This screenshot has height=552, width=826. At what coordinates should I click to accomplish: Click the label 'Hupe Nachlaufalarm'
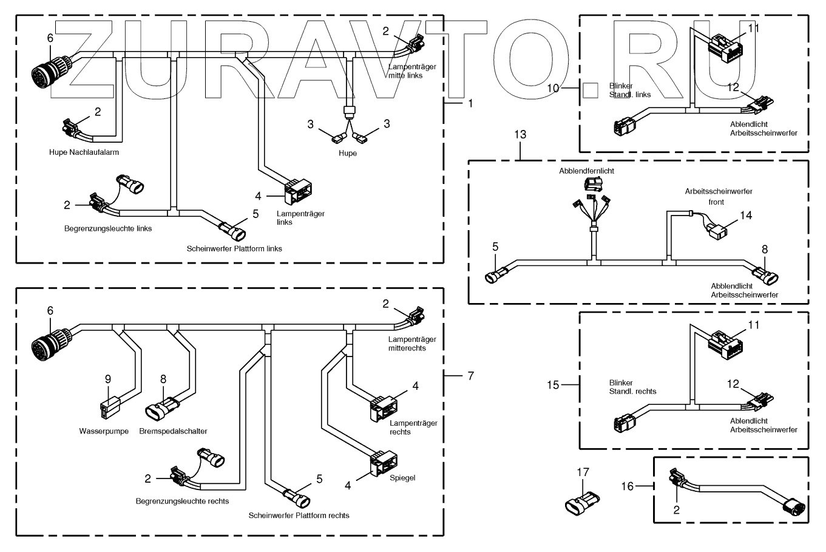click(84, 152)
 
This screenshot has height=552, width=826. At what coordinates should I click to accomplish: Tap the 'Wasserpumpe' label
click(104, 431)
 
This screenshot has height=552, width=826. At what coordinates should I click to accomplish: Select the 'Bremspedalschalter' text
click(173, 431)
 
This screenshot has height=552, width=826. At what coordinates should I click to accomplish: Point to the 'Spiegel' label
click(402, 478)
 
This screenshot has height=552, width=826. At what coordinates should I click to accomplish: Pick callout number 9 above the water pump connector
click(108, 379)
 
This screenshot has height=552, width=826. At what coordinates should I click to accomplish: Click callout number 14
click(746, 215)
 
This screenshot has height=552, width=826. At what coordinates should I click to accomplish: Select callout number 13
click(521, 134)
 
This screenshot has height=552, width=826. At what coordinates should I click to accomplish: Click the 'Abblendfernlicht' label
click(586, 171)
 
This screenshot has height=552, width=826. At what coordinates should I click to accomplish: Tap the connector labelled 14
click(717, 231)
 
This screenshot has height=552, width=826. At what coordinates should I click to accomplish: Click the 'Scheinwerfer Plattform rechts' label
click(299, 516)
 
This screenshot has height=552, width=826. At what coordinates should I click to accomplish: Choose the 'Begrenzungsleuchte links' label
click(108, 229)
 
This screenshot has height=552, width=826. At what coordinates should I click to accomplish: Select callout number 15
click(552, 384)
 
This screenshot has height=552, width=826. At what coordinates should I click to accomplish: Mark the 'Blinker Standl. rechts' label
click(632, 387)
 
